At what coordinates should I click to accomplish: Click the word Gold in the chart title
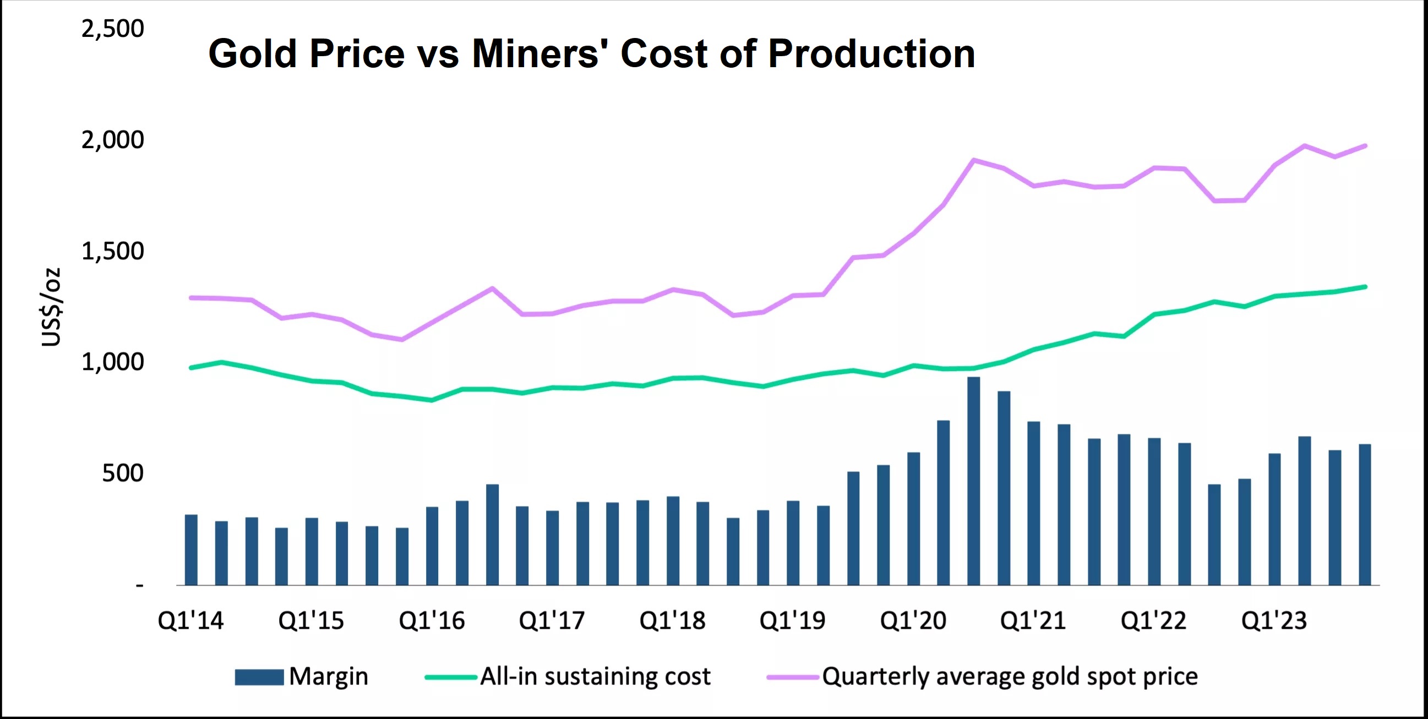click(x=252, y=54)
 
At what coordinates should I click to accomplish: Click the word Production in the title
click(x=871, y=54)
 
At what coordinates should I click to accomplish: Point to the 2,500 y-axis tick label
click(x=112, y=28)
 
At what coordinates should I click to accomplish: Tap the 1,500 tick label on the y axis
click(x=112, y=251)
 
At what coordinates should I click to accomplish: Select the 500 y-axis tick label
click(x=123, y=473)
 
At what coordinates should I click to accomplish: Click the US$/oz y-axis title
click(x=51, y=307)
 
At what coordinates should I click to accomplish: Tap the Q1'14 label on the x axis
click(x=190, y=620)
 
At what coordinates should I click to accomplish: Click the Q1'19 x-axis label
click(x=792, y=620)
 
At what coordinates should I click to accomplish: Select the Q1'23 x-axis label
click(x=1274, y=620)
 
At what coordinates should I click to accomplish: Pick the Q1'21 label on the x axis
click(x=1033, y=620)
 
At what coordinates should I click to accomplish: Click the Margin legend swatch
click(x=259, y=677)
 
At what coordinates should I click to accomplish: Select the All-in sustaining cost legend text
click(x=595, y=677)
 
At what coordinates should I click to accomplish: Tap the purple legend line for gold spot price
click(x=793, y=677)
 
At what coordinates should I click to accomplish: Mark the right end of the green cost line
click(x=1365, y=287)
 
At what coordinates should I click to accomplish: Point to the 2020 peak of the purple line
click(x=973, y=160)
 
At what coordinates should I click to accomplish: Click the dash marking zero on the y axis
click(x=140, y=585)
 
